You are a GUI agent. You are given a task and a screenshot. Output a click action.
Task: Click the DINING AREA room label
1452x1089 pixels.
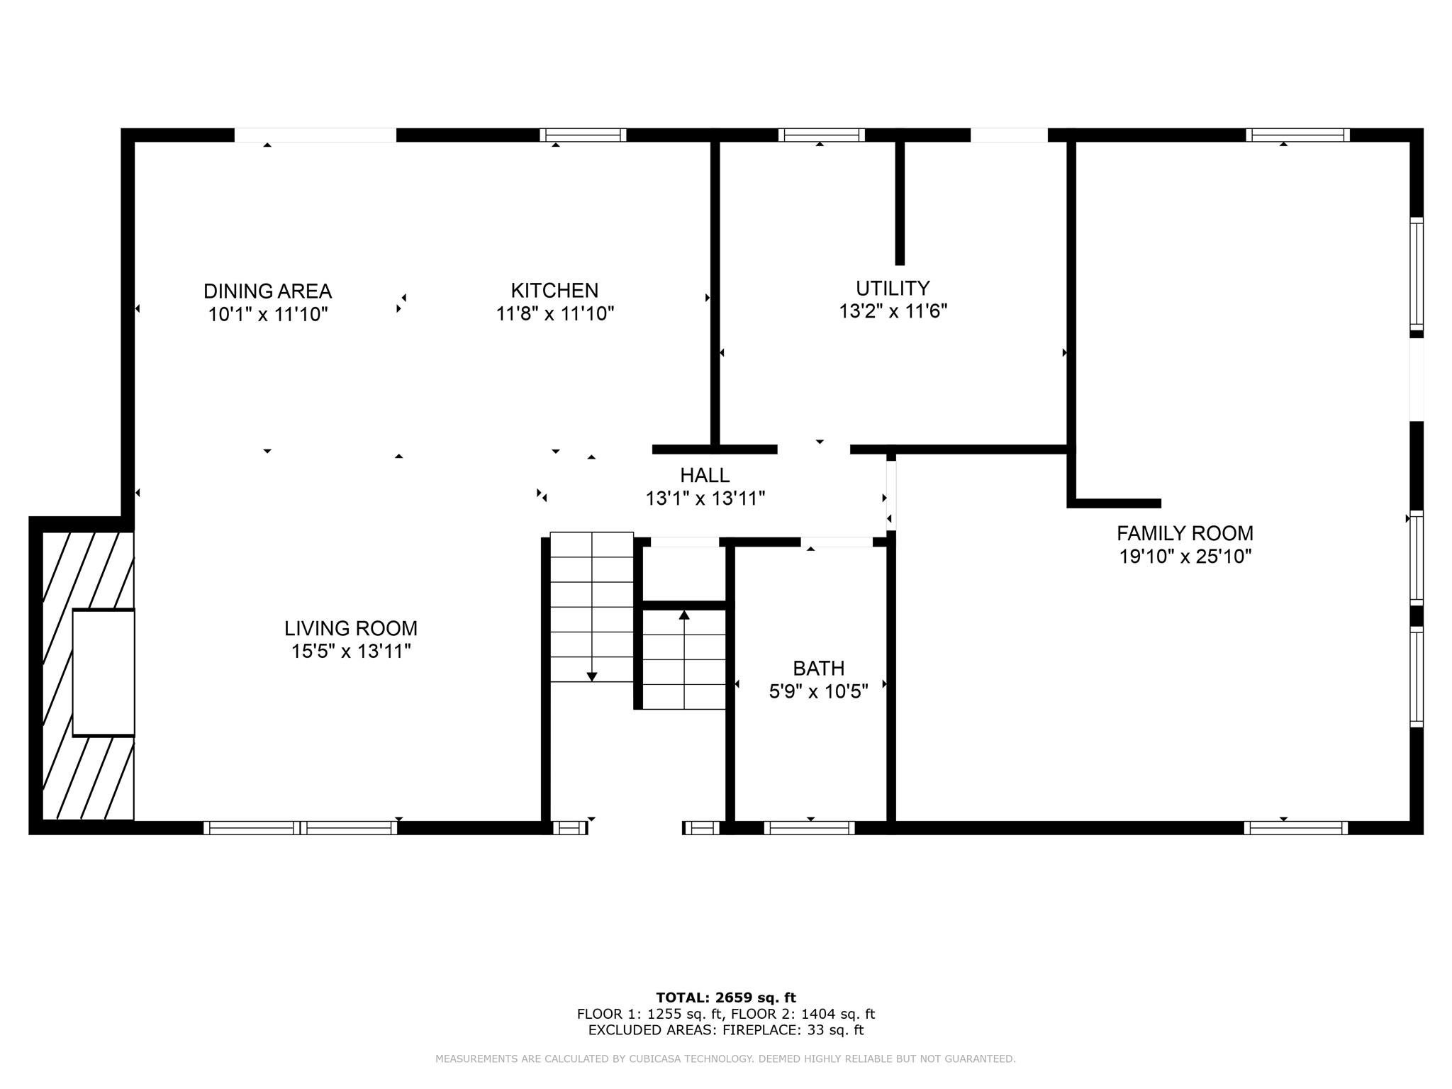point(267,291)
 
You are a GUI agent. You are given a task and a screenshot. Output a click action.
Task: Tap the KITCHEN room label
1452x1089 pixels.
point(554,290)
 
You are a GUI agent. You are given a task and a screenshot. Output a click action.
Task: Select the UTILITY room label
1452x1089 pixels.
point(893,288)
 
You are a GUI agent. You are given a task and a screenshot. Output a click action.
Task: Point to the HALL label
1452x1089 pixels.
point(705,475)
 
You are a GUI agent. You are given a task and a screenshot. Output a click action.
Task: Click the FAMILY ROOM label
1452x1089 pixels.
point(1185,533)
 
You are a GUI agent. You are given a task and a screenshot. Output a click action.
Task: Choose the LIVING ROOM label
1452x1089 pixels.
point(351,628)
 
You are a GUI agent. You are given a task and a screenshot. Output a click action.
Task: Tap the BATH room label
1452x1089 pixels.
point(818,669)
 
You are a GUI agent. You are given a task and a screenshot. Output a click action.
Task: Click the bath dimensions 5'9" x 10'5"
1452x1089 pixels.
point(818,691)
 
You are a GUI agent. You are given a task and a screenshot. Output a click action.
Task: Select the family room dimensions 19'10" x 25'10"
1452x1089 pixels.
point(1185,557)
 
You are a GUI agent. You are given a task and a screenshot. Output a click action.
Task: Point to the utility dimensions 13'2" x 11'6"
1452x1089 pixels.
point(893,311)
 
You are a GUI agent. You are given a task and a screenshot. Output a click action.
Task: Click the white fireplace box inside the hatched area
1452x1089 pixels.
point(104,672)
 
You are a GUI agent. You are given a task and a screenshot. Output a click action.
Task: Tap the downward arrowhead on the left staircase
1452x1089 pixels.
point(592,677)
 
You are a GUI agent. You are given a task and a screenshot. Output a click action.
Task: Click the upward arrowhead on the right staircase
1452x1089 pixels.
point(684,615)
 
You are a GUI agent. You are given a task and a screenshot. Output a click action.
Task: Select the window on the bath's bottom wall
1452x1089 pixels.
point(809,827)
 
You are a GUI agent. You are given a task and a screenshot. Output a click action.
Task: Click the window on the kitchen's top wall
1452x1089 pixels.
point(583,135)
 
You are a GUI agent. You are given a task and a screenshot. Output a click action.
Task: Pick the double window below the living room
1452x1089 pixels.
point(300,827)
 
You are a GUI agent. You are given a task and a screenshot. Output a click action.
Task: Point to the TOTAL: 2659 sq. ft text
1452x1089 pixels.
point(726,998)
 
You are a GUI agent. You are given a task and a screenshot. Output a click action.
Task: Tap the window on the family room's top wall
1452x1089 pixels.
point(1297,135)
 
